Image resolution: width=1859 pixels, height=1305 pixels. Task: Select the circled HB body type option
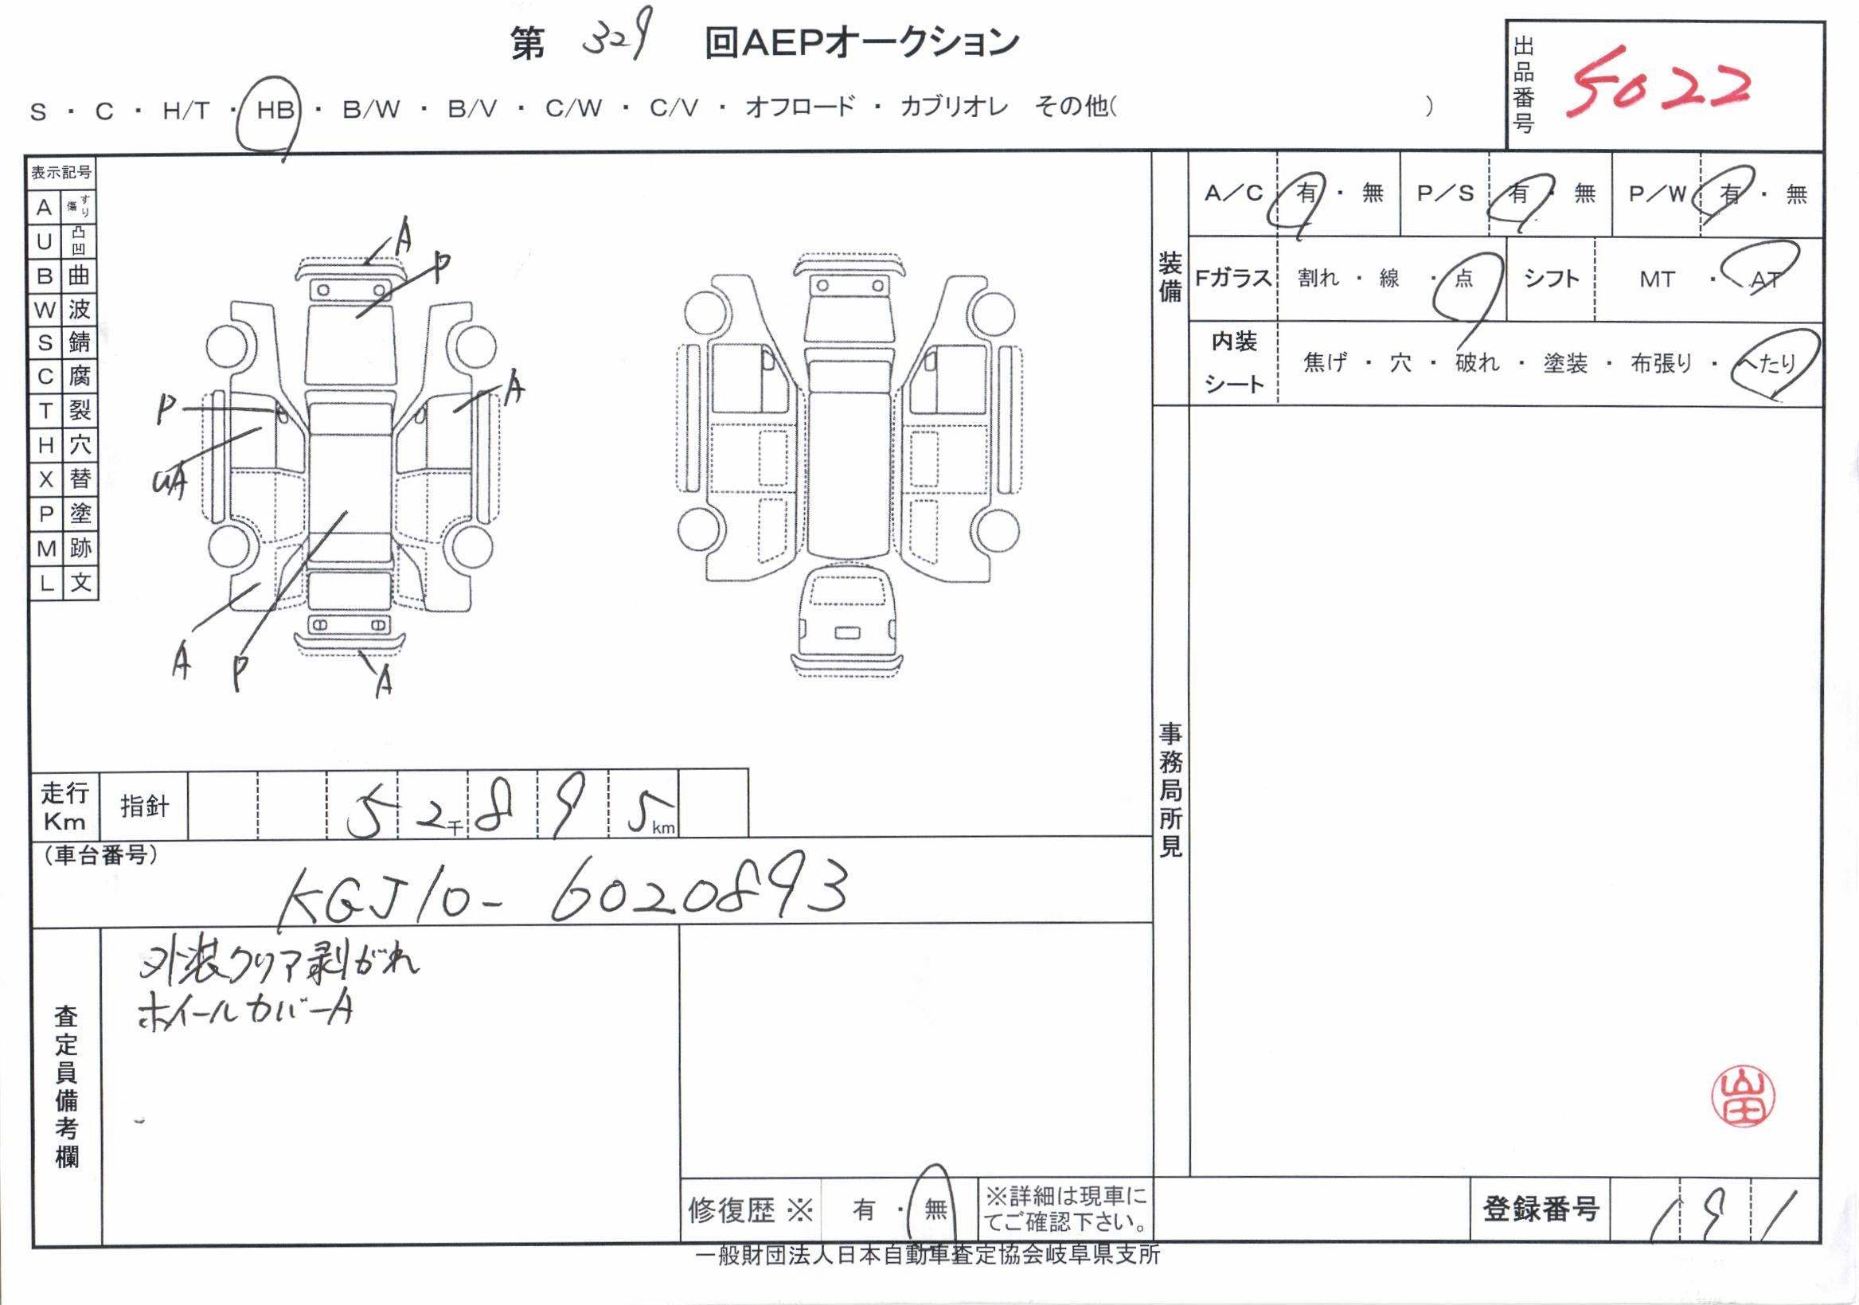275,109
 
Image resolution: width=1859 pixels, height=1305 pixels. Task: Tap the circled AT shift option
1764,279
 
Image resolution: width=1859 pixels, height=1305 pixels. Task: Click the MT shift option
1657,279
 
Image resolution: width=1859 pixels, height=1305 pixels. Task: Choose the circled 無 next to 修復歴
935,1209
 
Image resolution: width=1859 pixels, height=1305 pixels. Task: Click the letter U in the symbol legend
45,241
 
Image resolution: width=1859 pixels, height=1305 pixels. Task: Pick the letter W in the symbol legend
45,309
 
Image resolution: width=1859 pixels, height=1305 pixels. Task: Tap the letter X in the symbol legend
45,479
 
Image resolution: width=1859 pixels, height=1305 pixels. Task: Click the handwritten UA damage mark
170,483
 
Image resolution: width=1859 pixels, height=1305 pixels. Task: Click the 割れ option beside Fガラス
1318,279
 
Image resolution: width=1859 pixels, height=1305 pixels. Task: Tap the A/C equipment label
1233,193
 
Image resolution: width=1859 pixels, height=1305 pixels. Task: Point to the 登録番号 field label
1540,1209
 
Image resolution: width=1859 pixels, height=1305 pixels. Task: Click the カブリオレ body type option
954,107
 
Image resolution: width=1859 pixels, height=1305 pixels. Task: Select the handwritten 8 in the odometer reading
494,807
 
